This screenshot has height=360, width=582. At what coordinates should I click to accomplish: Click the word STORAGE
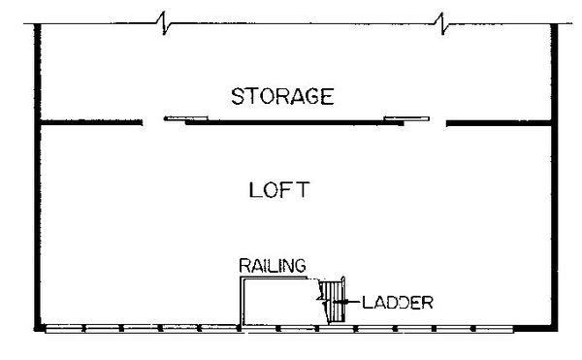pos(282,97)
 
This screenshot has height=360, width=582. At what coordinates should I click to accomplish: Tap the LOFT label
pos(279,189)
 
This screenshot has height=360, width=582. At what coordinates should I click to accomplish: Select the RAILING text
pos(274,265)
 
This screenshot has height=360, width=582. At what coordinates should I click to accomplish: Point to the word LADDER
pos(397,302)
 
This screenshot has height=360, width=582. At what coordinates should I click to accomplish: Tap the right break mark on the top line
pos(441,20)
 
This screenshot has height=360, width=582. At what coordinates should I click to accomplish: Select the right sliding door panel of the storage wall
pos(406,119)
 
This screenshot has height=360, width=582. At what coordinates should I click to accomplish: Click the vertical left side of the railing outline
pos(242,301)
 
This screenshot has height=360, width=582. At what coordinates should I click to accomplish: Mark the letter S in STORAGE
pos(238,97)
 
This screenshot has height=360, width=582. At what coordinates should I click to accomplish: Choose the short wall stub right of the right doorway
pos(499,122)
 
